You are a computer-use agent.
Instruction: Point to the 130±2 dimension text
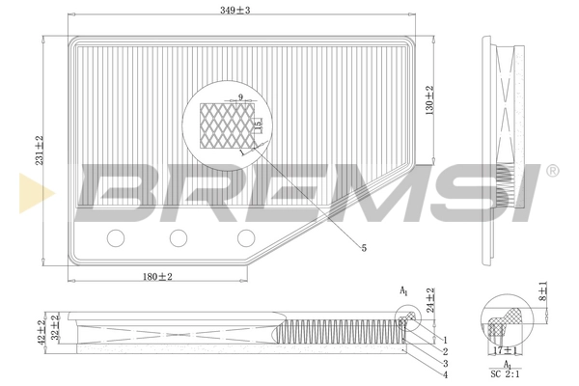pyautogui.click(x=428, y=99)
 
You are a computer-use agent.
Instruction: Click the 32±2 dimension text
pyautogui.click(x=56, y=329)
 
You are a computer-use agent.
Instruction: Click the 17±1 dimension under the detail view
pyautogui.click(x=505, y=350)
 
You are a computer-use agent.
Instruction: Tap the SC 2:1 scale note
pyautogui.click(x=504, y=372)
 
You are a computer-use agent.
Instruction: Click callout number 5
pyautogui.click(x=364, y=249)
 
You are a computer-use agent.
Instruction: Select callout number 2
pyautogui.click(x=446, y=351)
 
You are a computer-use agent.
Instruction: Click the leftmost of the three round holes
pyautogui.click(x=117, y=237)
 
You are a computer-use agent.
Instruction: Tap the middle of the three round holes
pyautogui.click(x=179, y=237)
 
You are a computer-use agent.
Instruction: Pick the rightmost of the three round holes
pyautogui.click(x=246, y=237)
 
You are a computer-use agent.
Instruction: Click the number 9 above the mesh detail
pyautogui.click(x=240, y=97)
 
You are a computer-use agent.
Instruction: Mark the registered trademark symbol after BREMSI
pyautogui.click(x=552, y=170)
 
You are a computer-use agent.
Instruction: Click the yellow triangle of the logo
pyautogui.click(x=26, y=190)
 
